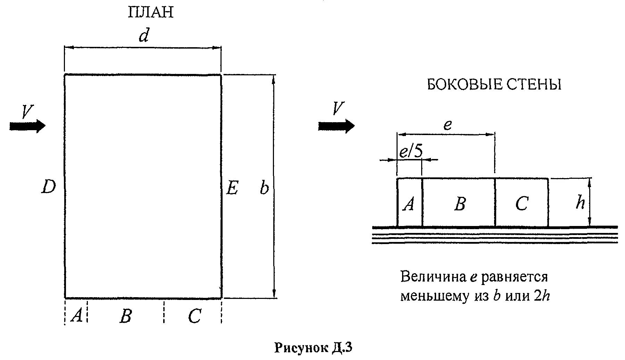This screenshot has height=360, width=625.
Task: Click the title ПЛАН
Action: click(151, 13)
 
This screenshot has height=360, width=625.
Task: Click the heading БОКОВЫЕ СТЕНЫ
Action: click(494, 85)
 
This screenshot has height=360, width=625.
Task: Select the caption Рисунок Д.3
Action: click(314, 348)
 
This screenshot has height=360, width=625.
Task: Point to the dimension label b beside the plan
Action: click(264, 188)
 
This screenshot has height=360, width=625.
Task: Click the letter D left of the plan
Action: click(48, 187)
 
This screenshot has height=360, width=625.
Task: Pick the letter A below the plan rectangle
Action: click(77, 315)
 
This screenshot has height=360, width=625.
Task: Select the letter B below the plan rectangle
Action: click(126, 316)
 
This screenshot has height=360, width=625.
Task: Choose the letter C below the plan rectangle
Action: click(194, 316)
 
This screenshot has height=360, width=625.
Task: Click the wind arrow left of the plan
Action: click(27, 126)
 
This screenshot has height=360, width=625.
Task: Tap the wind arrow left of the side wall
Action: click(336, 126)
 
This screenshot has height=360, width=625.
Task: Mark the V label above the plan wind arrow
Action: click(27, 111)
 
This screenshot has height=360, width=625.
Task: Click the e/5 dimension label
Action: click(411, 152)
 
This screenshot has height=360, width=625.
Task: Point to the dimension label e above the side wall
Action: click(448, 125)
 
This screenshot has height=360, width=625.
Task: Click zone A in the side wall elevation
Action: click(409, 204)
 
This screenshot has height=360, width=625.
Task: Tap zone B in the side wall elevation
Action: click(460, 204)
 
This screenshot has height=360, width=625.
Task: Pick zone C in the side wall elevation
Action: click(522, 204)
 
